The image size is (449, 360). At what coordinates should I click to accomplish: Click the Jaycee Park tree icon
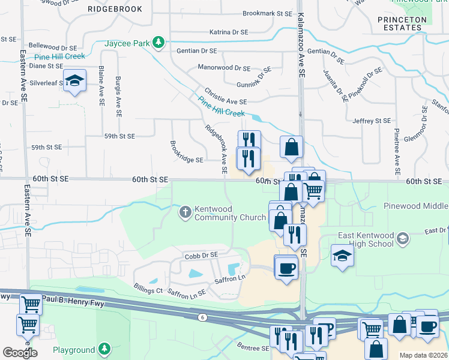coord(158,42)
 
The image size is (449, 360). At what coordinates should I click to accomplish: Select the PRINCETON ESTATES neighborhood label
coord(402,23)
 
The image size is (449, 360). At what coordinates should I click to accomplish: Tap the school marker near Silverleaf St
coord(74,82)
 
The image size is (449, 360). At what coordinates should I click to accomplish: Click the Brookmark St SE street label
coord(267,13)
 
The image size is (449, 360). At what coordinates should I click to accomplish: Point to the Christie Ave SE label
coord(226,97)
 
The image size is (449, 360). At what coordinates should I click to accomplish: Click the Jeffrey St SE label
coord(372,121)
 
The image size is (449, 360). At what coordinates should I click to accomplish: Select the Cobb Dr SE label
coord(201,255)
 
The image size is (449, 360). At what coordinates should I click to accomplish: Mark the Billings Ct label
coord(148,290)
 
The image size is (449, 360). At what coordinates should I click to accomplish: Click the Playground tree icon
coord(105,349)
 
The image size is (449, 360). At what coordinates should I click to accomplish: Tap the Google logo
coord(20,352)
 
